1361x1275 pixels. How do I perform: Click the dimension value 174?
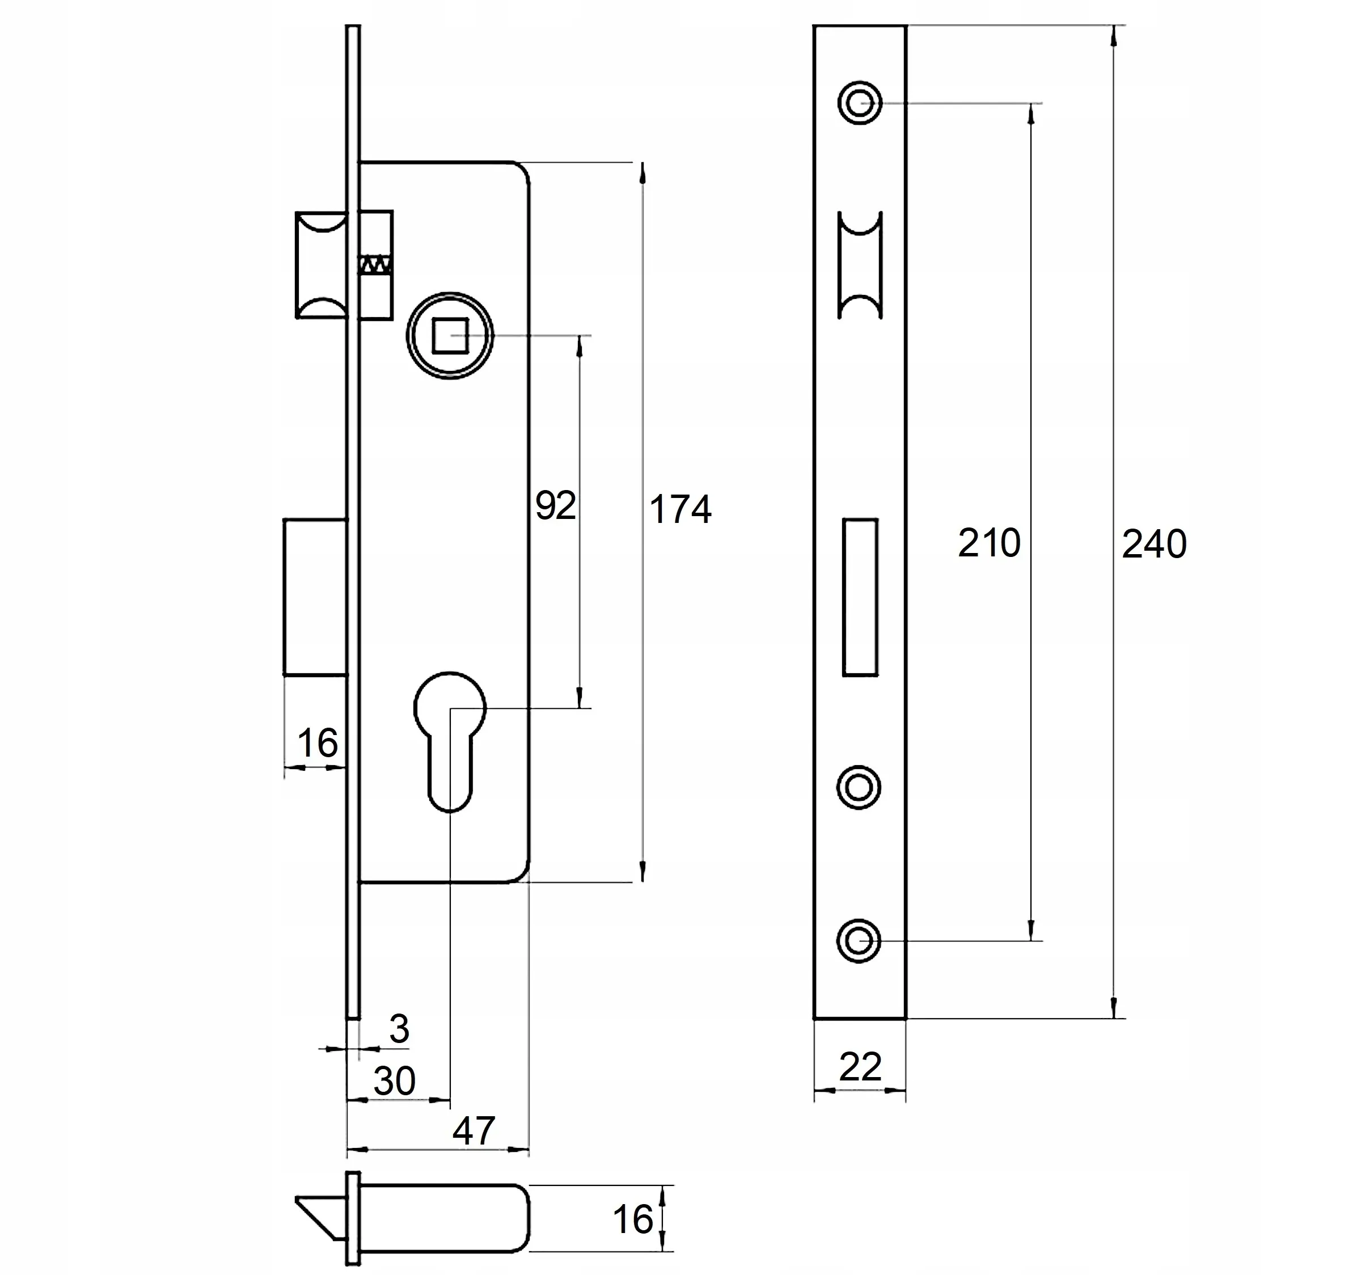coord(680,510)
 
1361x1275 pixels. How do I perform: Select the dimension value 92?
coord(555,506)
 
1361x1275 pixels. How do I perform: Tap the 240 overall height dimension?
coord(1153,545)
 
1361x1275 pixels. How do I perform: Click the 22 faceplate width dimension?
coord(860,1067)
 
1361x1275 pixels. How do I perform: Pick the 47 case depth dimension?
coord(473,1131)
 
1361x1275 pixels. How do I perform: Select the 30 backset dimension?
coord(394,1081)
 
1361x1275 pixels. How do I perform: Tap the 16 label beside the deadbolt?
coord(317,744)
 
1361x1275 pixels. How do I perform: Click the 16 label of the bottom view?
coord(632,1219)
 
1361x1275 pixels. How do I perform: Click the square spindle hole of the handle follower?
coord(450,336)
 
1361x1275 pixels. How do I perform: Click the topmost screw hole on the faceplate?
coord(859,103)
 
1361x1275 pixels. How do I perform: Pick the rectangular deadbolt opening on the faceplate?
coord(860,598)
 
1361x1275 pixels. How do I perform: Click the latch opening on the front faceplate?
coord(860,265)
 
